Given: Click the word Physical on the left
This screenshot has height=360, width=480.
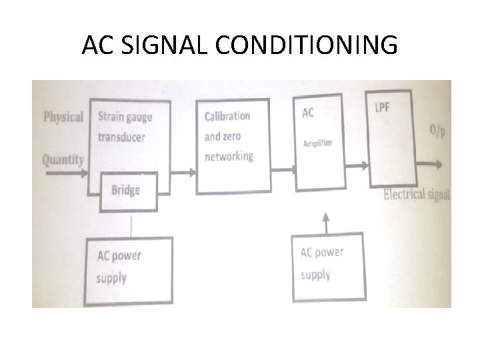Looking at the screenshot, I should click(x=63, y=117).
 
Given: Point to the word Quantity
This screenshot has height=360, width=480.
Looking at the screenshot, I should click(x=63, y=159).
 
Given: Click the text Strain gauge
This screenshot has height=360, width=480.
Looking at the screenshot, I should click(x=125, y=117).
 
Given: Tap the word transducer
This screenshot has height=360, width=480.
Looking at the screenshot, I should click(x=121, y=137).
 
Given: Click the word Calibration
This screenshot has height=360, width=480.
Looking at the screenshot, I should click(x=227, y=116).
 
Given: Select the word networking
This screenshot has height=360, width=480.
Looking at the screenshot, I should click(x=229, y=157).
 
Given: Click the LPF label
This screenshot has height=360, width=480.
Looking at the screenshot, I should click(x=383, y=107).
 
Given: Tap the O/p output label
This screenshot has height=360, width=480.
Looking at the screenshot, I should click(x=438, y=132).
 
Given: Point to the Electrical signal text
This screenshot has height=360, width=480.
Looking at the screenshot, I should click(x=417, y=195).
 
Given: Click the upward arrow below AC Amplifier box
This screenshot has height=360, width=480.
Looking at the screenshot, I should click(x=325, y=222).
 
